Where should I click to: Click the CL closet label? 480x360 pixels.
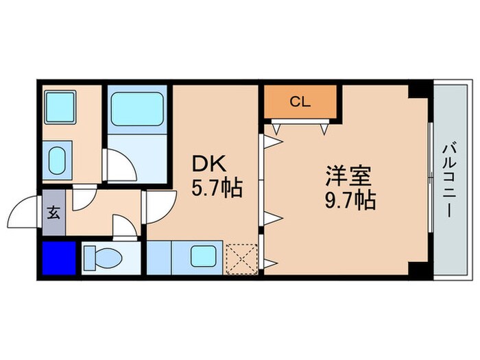(x=300, y=103)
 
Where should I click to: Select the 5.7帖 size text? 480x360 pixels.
(x=217, y=188)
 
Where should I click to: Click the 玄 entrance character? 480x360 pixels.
(x=53, y=212)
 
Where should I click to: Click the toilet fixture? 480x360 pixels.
(x=103, y=259)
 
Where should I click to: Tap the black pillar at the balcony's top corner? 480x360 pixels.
(x=418, y=90)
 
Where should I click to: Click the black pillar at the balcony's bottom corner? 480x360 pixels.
(x=418, y=269)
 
